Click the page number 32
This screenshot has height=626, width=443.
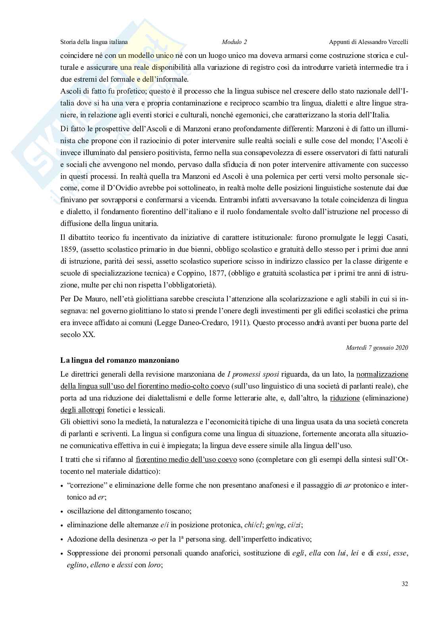(405, 584)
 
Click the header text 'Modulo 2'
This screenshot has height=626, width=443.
(234, 42)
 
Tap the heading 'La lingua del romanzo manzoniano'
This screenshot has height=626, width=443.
(119, 360)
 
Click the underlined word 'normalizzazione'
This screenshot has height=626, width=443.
(382, 374)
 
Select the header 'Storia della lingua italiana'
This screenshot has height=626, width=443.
(94, 42)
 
